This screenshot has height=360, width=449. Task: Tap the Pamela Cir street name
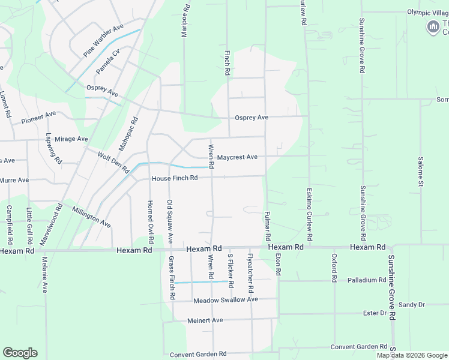coord(109,60)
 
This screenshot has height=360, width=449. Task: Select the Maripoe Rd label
coord(185,22)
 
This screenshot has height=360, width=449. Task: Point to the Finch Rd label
coord(228,62)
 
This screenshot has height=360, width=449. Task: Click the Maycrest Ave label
coord(237,157)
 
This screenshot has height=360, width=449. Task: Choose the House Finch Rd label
coord(175,178)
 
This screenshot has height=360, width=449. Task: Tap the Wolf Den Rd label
coord(114,162)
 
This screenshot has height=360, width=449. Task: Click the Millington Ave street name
coord(91,217)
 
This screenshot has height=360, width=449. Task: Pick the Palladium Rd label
coord(366,280)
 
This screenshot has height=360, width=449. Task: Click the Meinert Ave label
coord(205,320)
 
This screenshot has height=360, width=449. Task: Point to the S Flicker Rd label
coord(230,271)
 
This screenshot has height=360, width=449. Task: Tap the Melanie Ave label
coord(44,275)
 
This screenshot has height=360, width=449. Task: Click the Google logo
coord(20,353)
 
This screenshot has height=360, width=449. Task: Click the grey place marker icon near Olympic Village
coord(433,26)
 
